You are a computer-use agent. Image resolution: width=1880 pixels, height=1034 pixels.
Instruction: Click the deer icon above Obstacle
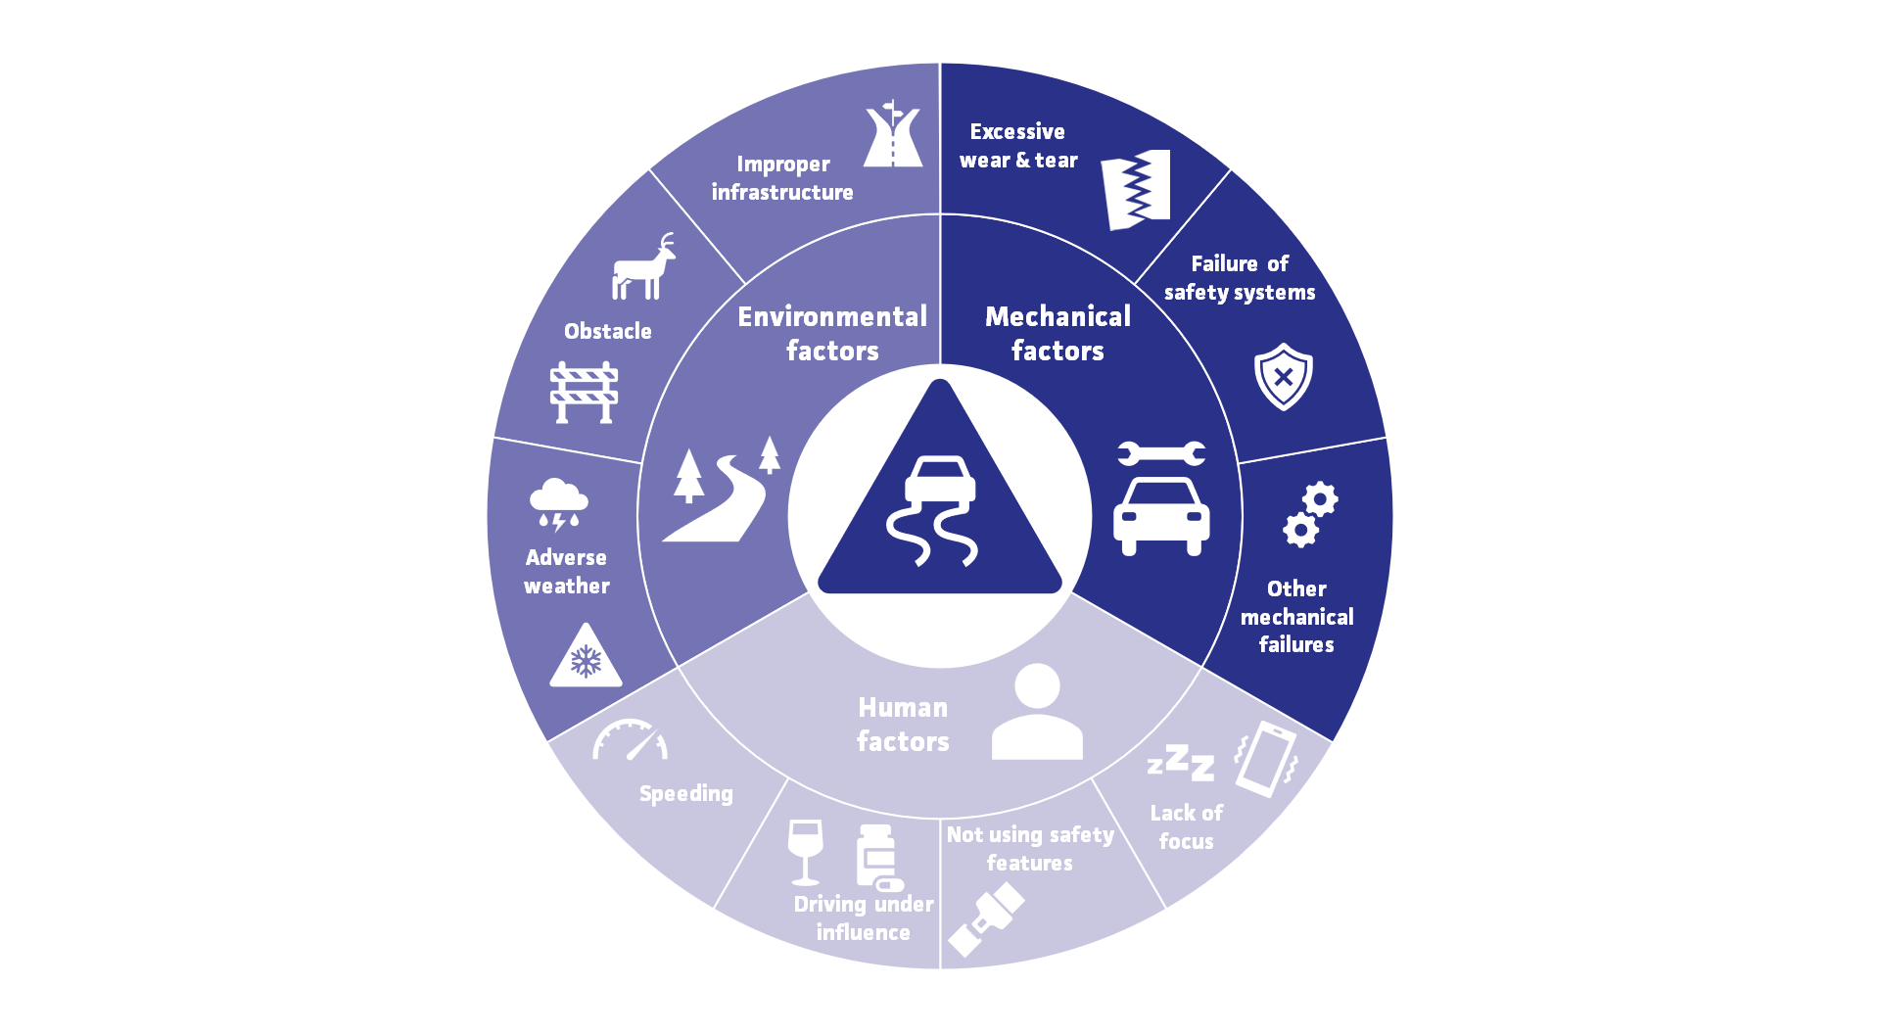[x=643, y=267]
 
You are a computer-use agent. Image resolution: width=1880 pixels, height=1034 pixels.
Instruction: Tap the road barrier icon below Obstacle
[x=584, y=392]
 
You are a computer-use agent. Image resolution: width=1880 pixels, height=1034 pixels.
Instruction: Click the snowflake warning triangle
[x=586, y=656]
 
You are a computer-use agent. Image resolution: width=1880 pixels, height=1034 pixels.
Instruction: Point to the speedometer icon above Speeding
[x=630, y=740]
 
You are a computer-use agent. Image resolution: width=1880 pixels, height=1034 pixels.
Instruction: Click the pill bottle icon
[x=877, y=857]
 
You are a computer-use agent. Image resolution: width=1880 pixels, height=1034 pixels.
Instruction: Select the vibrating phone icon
[x=1265, y=759]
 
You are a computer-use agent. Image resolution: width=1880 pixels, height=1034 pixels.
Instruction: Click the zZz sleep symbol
[x=1181, y=762]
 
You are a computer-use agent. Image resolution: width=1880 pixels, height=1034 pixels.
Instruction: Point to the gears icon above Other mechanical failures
[x=1310, y=514]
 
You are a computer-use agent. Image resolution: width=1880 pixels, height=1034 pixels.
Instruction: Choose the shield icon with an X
[x=1283, y=376]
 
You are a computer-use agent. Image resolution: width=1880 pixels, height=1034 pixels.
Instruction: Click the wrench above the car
[x=1161, y=452]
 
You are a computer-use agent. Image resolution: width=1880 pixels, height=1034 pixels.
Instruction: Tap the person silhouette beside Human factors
[x=1037, y=712]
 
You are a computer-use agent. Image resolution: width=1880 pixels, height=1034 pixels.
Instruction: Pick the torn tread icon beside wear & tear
[x=1136, y=190]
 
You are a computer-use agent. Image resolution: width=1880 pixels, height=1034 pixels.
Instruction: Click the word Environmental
[x=832, y=316]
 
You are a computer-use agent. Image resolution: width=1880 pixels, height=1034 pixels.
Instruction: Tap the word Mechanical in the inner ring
[x=1057, y=316]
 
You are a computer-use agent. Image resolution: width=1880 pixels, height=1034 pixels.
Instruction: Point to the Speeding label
[x=685, y=794]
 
